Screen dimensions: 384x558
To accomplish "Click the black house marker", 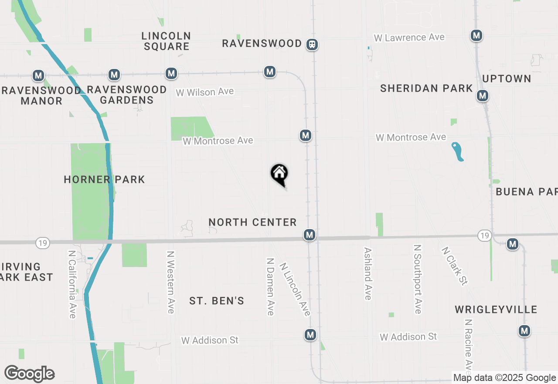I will [279, 174].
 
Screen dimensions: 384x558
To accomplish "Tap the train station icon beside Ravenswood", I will [312, 44].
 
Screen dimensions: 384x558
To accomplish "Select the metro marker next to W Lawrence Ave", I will [476, 35].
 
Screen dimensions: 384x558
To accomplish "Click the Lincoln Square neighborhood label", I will [166, 41].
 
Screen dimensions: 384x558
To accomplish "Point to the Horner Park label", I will [104, 179].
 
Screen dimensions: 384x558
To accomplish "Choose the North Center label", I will [252, 222].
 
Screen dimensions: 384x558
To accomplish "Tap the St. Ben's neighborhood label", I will [217, 301].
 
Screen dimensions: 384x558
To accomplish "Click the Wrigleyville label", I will [496, 310].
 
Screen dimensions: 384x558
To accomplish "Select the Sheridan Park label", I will [426, 88].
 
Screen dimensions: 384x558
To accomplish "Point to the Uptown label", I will [507, 79].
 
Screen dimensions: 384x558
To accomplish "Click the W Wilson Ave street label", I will [205, 92].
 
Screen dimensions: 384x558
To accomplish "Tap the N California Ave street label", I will [72, 284].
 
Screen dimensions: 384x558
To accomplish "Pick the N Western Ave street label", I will [170, 281].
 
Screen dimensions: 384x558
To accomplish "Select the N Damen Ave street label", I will [270, 286].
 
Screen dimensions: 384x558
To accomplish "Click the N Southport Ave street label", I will [418, 279].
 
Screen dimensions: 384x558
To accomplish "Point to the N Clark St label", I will [454, 266].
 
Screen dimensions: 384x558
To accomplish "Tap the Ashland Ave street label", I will [368, 274].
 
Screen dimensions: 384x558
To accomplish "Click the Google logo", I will [29, 374].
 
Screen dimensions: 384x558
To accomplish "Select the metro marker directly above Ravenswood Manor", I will [38, 75].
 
